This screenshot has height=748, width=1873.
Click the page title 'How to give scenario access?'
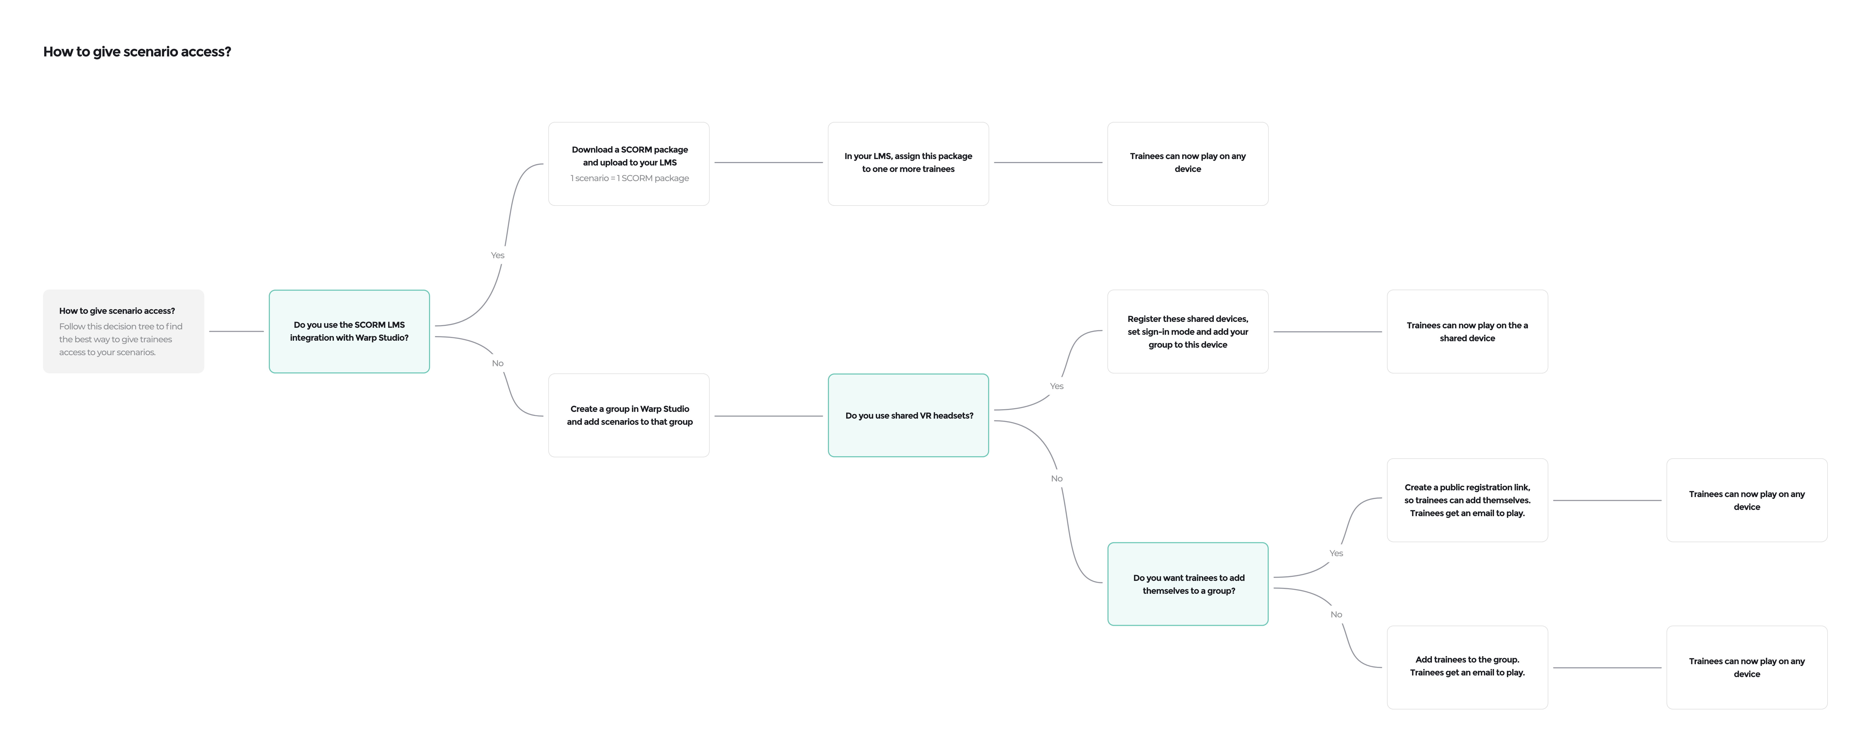[x=137, y=52]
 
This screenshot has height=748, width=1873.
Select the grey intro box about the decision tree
[x=124, y=332]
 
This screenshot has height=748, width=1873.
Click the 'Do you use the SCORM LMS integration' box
[x=349, y=332]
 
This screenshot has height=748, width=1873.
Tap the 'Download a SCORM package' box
[x=629, y=164]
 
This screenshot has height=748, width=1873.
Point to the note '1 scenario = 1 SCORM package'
[x=630, y=178]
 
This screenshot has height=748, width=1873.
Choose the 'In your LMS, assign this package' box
[x=908, y=164]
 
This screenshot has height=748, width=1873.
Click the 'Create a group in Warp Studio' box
[x=629, y=415]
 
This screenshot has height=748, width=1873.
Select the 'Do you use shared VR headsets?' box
[x=908, y=415]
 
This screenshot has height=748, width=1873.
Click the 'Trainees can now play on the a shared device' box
[x=1467, y=332]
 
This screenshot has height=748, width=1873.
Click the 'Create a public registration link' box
[x=1467, y=500]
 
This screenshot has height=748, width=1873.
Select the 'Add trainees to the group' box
[x=1467, y=667]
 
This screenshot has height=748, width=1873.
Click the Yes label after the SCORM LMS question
[x=497, y=255]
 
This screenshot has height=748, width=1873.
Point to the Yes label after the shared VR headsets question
[x=1056, y=386]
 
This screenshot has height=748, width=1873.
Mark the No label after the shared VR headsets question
[x=1056, y=478]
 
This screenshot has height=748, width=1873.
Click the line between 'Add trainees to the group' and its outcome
[x=1607, y=667]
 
